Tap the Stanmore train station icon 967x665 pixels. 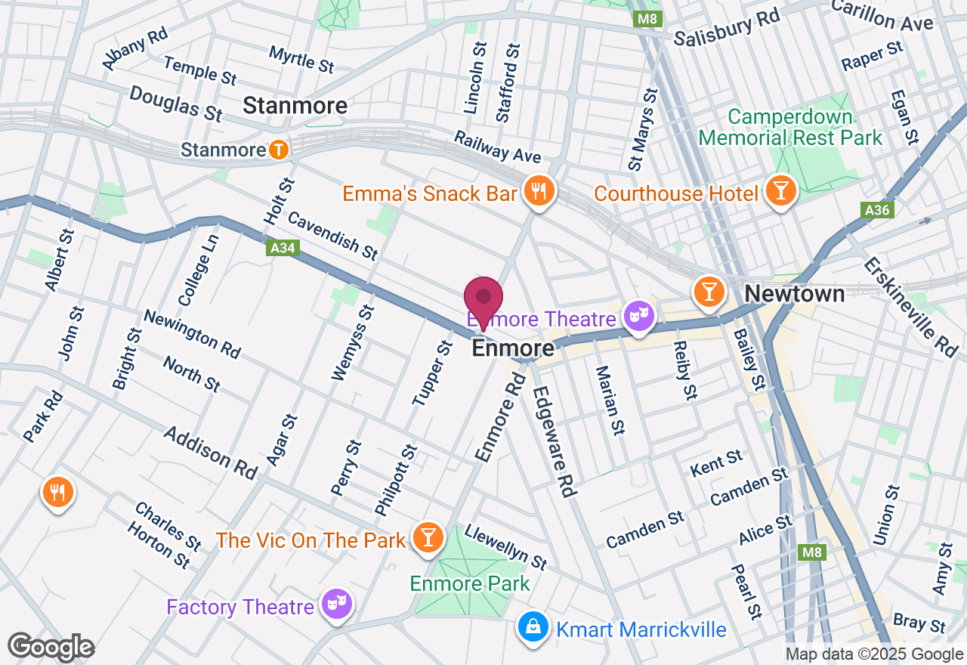tap(279, 150)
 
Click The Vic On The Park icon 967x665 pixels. tap(428, 537)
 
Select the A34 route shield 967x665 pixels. tap(283, 248)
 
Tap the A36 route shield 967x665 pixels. tap(877, 210)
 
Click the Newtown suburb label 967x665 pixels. tap(795, 294)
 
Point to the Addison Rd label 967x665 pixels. tap(210, 452)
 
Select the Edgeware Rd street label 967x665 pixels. tap(555, 441)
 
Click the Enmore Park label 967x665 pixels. tap(470, 583)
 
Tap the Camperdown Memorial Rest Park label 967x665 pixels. tap(790, 128)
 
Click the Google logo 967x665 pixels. tap(51, 647)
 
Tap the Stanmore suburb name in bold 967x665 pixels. tap(295, 107)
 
